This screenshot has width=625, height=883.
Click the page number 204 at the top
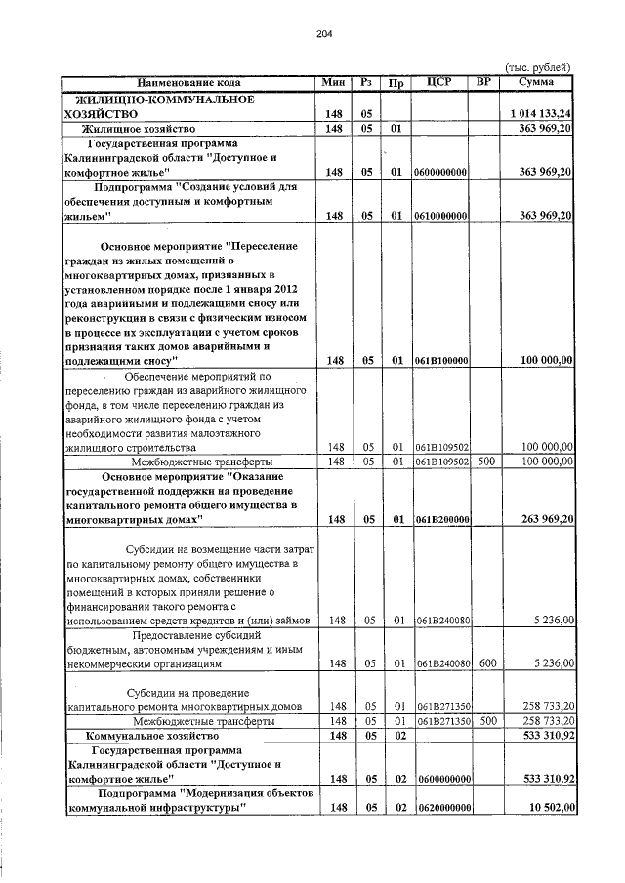coord(325,34)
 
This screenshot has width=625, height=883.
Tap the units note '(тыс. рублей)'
coord(537,66)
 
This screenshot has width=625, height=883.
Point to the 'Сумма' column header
coord(536,82)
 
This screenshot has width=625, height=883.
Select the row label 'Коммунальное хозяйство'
coord(150,735)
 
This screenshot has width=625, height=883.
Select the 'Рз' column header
coord(364,82)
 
